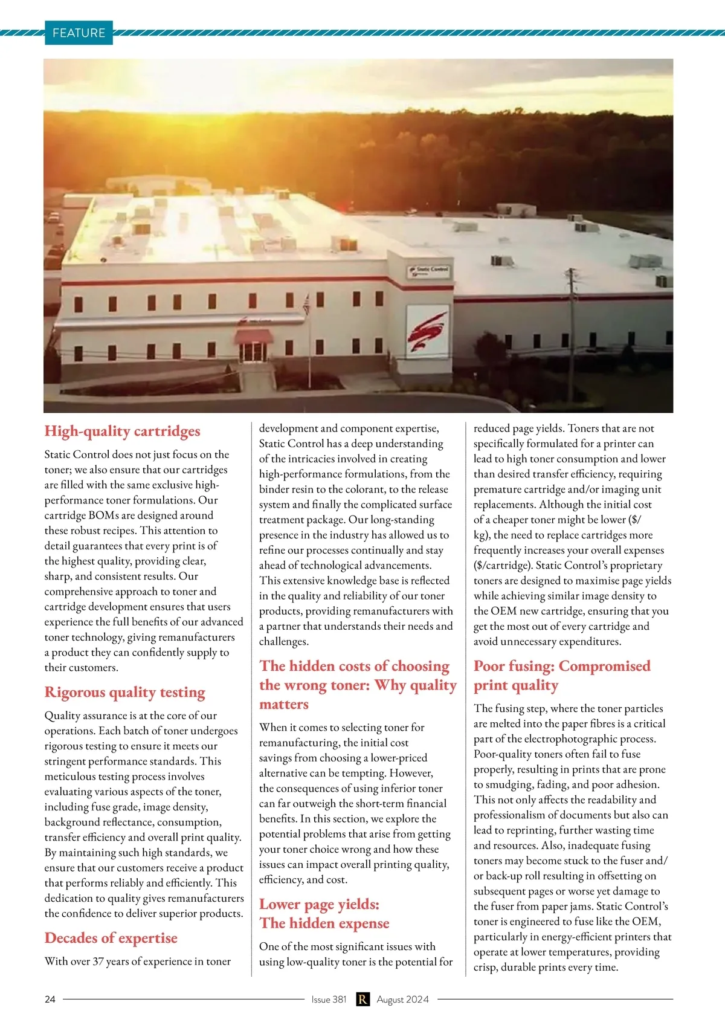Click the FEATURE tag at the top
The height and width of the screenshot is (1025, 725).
point(79,33)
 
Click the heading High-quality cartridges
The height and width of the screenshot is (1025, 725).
point(122,431)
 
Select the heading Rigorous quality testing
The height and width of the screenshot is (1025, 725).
point(124,692)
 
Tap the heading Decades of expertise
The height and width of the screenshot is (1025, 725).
point(111,938)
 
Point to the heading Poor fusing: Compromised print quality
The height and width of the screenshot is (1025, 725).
point(562,675)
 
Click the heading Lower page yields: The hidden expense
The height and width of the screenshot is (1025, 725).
point(324,914)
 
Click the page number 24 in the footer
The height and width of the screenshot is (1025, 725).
point(50,999)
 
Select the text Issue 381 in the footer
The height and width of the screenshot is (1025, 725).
point(329,999)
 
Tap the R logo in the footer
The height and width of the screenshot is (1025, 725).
point(362,999)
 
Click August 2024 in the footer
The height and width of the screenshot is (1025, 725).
point(402,999)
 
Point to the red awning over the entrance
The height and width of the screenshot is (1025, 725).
point(254,336)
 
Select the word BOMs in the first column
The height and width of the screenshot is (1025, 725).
point(104,515)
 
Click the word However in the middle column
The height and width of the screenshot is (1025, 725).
point(411,773)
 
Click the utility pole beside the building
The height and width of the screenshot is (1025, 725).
point(570,314)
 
